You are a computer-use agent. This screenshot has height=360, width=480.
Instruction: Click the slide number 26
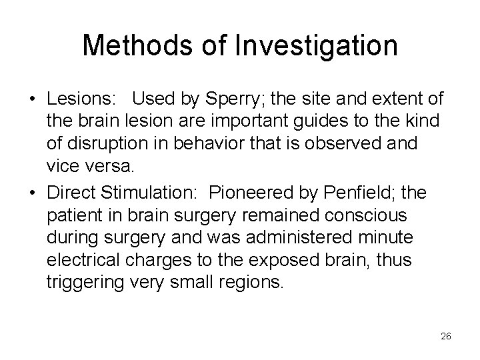coord(446,337)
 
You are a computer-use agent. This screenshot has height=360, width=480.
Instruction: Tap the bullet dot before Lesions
coord(33,101)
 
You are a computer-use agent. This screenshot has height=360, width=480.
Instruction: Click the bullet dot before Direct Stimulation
coord(33,193)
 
